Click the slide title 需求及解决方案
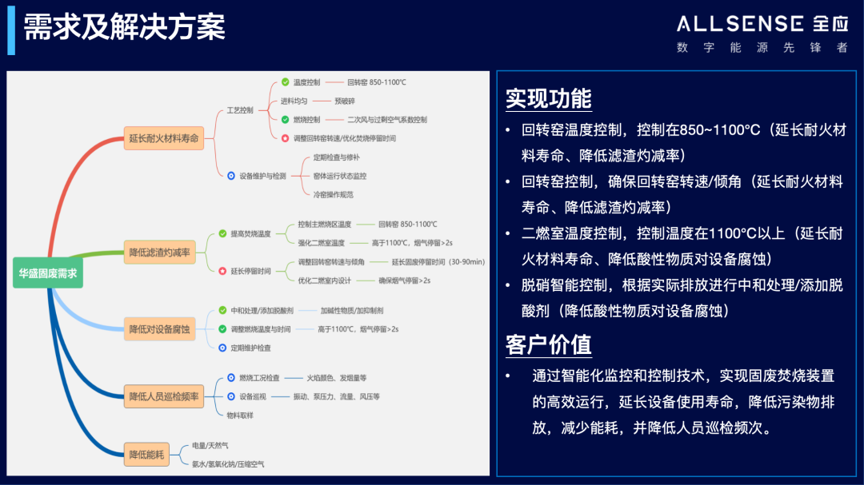pyautogui.click(x=124, y=27)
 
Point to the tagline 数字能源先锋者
pyautogui.click(x=762, y=48)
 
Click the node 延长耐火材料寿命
pyautogui.click(x=163, y=138)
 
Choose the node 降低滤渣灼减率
pyautogui.click(x=160, y=252)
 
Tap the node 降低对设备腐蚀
pyautogui.click(x=159, y=328)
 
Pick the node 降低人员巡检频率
pyautogui.click(x=163, y=395)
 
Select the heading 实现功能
pyautogui.click(x=549, y=98)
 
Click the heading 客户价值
pyautogui.click(x=549, y=344)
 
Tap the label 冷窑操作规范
pyautogui.click(x=333, y=194)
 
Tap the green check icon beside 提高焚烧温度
pyautogui.click(x=222, y=234)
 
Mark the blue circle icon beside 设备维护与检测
pyautogui.click(x=230, y=176)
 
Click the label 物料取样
pyautogui.click(x=240, y=415)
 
